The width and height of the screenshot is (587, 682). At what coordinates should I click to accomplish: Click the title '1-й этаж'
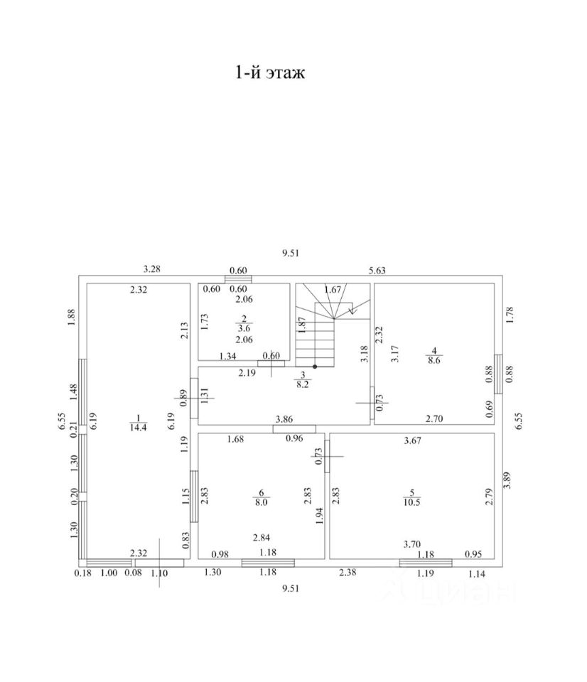pyautogui.click(x=270, y=72)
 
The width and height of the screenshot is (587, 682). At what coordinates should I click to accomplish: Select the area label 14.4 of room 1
pyautogui.click(x=139, y=428)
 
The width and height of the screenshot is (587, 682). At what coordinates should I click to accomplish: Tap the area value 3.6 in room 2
pyautogui.click(x=244, y=328)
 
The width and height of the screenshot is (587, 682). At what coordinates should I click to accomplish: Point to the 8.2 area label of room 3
pyautogui.click(x=302, y=384)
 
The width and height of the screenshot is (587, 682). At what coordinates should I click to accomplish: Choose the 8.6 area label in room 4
pyautogui.click(x=433, y=360)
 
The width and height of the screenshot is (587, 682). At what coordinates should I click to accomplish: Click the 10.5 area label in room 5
pyautogui.click(x=411, y=502)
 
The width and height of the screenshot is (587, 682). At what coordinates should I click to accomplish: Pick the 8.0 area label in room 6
pyautogui.click(x=261, y=502)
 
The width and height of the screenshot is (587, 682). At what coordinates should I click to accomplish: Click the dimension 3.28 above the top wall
pyautogui.click(x=152, y=269)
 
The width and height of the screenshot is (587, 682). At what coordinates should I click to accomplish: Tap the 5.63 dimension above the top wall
pyautogui.click(x=377, y=270)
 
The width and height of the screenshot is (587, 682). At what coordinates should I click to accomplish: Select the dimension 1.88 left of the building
pyautogui.click(x=71, y=318)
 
